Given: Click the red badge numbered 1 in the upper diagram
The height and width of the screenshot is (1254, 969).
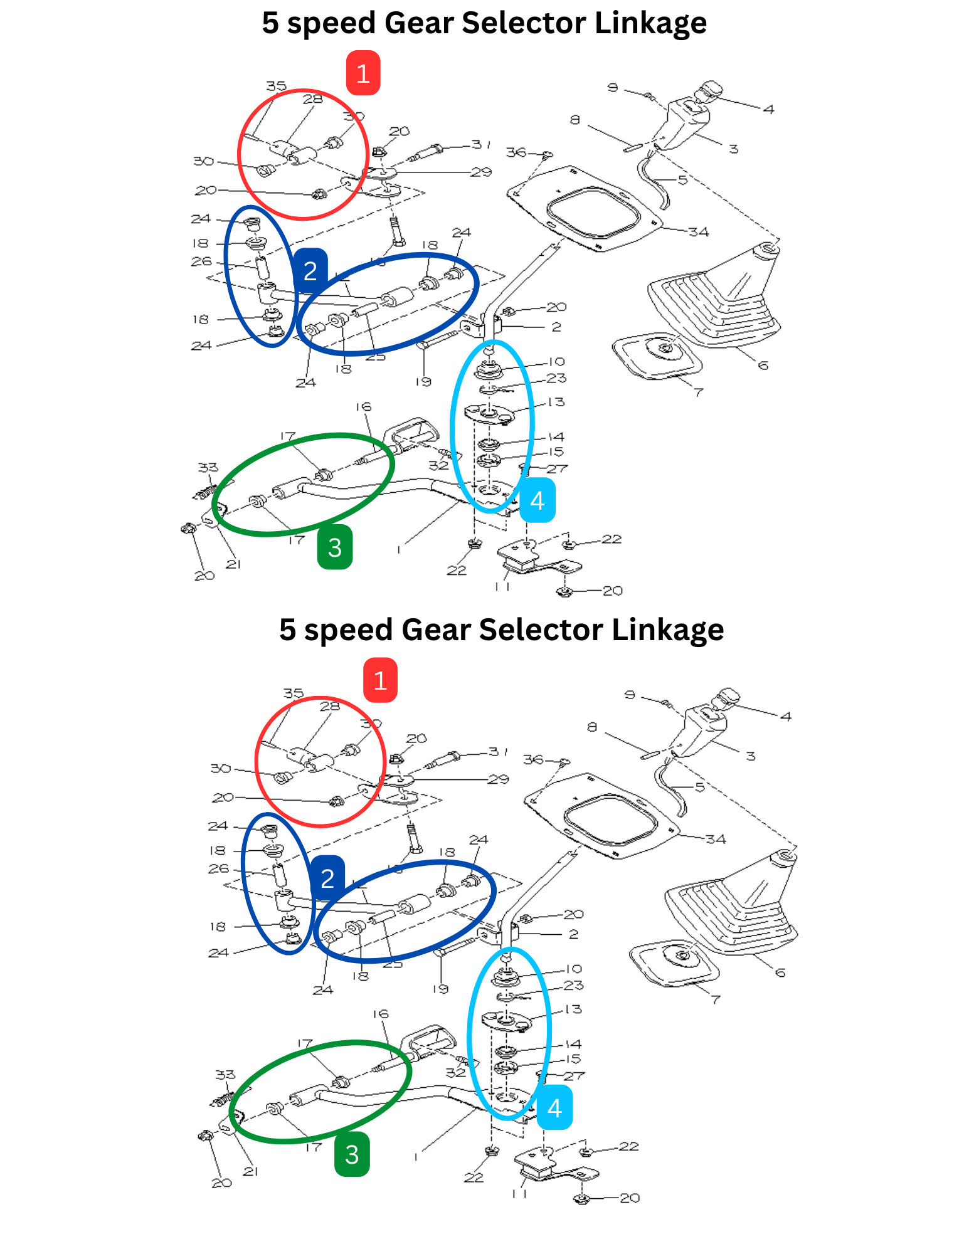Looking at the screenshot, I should click(x=363, y=73).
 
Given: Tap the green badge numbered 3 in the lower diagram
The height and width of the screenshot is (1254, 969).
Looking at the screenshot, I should click(x=352, y=1154).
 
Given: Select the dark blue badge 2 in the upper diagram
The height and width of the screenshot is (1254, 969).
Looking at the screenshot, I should click(x=310, y=271).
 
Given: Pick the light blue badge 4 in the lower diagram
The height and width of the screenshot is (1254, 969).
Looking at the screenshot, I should click(x=554, y=1108).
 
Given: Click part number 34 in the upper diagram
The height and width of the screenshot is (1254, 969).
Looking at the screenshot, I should click(x=698, y=232).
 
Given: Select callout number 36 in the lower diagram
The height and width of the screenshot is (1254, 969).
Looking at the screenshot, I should click(x=533, y=759).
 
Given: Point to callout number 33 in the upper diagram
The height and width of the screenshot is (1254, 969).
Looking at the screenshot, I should click(x=208, y=467).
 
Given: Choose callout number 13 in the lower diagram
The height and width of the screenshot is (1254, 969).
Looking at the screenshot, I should click(x=573, y=1009).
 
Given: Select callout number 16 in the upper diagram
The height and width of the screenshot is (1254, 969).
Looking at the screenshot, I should click(x=364, y=407).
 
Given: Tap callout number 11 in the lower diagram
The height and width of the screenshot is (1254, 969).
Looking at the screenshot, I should click(x=519, y=1193).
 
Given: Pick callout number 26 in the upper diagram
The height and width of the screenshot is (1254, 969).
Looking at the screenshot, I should click(x=201, y=261).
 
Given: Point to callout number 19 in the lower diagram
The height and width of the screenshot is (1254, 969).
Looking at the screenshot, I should click(x=440, y=988).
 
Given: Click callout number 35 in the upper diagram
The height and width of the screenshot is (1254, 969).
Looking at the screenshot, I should click(x=276, y=86).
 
